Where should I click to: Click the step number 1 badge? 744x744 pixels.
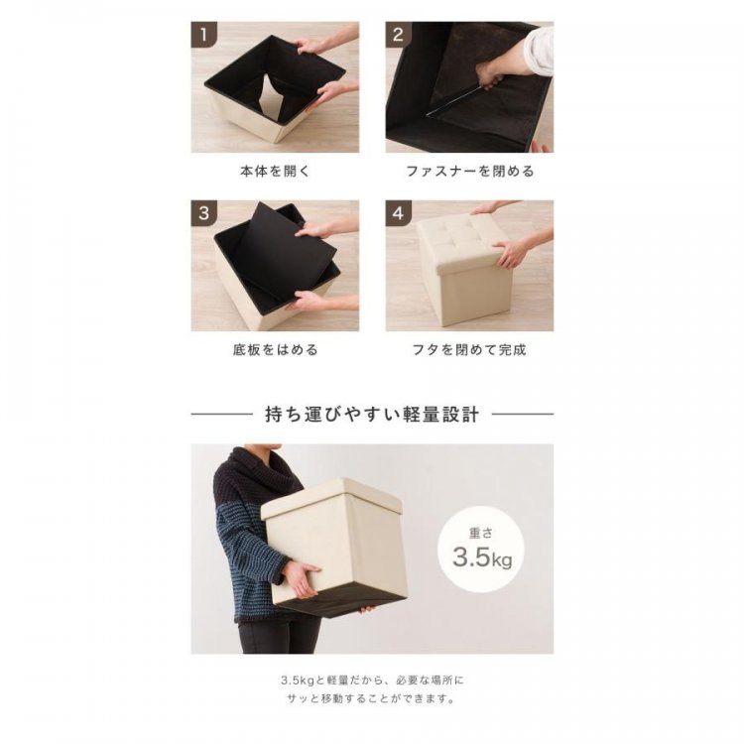pyautogui.click(x=204, y=35)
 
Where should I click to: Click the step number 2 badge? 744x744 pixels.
pyautogui.click(x=398, y=35)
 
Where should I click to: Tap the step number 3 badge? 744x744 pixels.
pyautogui.click(x=204, y=213)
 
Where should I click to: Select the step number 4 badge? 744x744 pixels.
pyautogui.click(x=398, y=213)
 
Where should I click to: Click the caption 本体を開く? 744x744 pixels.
pyautogui.click(x=275, y=172)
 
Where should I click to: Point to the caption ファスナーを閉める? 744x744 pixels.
pyautogui.click(x=470, y=172)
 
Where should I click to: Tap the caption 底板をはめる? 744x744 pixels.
pyautogui.click(x=275, y=350)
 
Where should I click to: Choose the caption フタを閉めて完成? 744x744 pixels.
pyautogui.click(x=469, y=350)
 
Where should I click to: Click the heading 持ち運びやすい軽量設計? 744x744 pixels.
pyautogui.click(x=372, y=415)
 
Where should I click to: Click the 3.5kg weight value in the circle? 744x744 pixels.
pyautogui.click(x=482, y=558)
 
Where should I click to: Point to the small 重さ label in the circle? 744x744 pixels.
pyautogui.click(x=481, y=534)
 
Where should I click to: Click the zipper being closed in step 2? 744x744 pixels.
pyautogui.click(x=454, y=100)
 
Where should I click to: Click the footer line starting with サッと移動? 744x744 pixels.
pyautogui.click(x=372, y=699)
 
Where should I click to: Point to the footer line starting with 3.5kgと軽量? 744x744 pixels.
pyautogui.click(x=372, y=681)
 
